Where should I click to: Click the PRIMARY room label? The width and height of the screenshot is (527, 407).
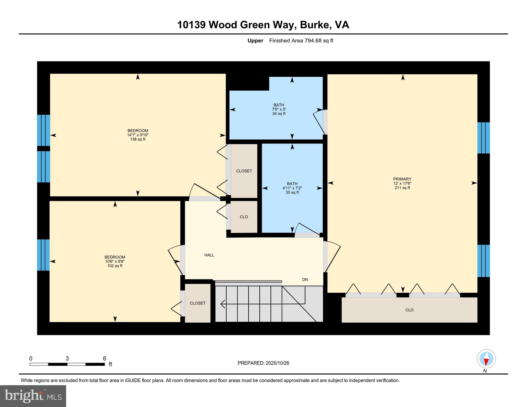(x=402, y=179)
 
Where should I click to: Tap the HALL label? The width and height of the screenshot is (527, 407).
(x=209, y=255)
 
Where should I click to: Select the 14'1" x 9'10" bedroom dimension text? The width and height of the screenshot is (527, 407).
(x=138, y=135)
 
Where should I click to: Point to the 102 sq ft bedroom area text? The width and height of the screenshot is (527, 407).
(x=115, y=266)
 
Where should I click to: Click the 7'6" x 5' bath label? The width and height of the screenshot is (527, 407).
(x=279, y=109)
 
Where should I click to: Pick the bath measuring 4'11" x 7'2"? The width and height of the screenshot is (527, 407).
(x=292, y=188)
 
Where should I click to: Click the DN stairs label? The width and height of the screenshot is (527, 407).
(x=305, y=279)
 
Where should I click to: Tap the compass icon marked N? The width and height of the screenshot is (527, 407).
(x=486, y=359)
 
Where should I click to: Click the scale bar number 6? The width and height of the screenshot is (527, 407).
(x=104, y=358)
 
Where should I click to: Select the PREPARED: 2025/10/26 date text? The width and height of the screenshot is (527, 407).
(x=263, y=363)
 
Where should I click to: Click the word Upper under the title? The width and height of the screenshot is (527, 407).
(x=255, y=41)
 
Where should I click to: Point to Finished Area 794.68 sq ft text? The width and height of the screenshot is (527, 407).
(x=301, y=41)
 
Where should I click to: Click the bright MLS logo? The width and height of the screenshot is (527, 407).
(x=33, y=396)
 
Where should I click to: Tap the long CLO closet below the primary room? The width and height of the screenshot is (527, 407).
(x=409, y=310)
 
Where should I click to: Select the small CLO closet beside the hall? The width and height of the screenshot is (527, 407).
(x=244, y=217)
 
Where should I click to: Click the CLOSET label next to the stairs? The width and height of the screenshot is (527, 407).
(x=198, y=303)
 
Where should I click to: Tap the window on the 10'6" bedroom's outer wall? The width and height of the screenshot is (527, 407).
(x=43, y=255)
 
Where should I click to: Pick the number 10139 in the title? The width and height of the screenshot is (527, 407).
(x=191, y=25)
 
